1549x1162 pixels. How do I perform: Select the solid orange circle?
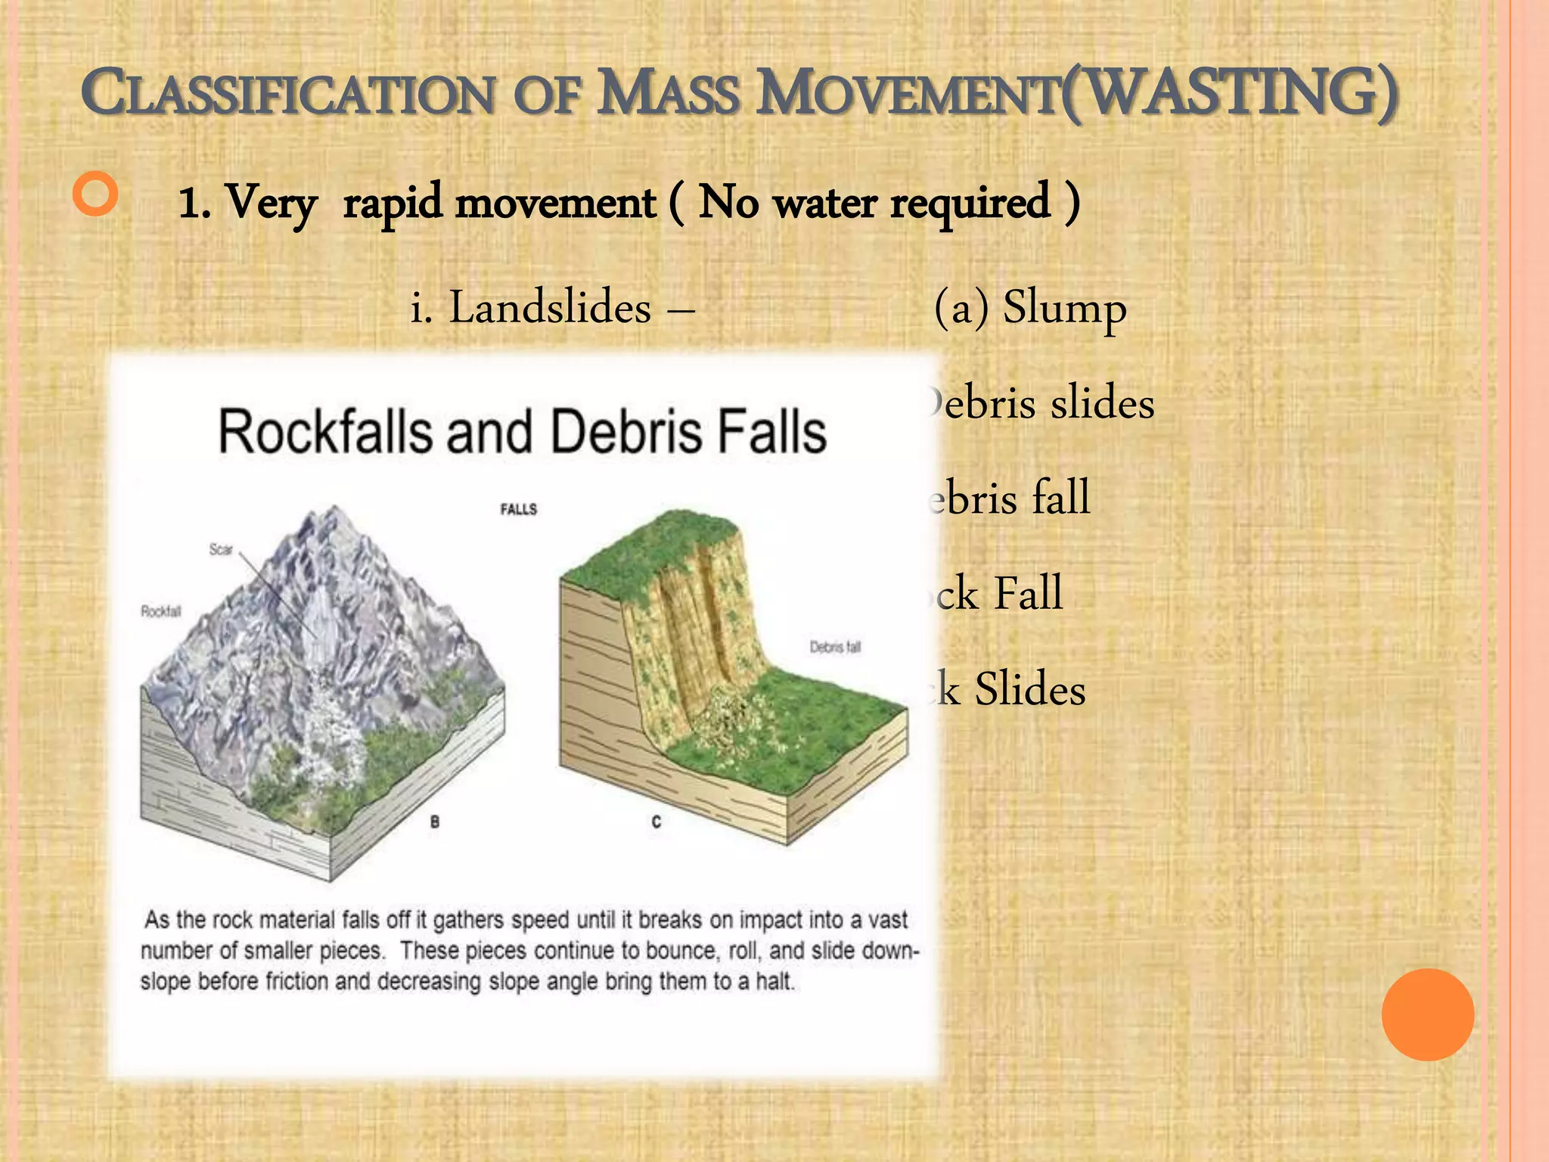tap(1427, 1014)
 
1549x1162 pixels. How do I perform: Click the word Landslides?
tap(550, 308)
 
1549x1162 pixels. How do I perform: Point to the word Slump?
tap(1064, 308)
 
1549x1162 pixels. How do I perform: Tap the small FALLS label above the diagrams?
tap(518, 509)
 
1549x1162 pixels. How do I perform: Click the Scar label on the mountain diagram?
tap(221, 549)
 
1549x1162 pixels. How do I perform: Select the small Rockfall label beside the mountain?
tap(161, 611)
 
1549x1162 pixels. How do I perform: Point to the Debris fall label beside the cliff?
tap(835, 647)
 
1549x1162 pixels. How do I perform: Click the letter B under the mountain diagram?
tap(435, 822)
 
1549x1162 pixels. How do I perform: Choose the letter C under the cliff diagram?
tap(656, 822)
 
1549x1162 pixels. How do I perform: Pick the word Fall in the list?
tap(1028, 593)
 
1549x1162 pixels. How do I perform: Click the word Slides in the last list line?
tap(1029, 689)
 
